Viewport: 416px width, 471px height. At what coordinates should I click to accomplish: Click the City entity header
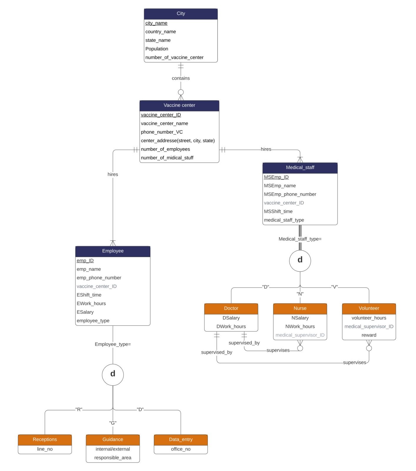[x=181, y=14]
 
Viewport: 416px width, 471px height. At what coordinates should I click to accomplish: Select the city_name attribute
[x=156, y=23]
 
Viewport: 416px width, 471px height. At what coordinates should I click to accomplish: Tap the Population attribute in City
[x=157, y=49]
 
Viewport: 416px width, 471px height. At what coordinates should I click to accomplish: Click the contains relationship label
[x=181, y=78]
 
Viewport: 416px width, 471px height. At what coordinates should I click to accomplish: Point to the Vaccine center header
[x=179, y=105]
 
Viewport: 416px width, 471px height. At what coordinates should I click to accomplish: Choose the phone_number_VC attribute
[x=162, y=132]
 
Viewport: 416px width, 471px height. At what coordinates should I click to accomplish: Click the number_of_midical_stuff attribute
[x=167, y=158]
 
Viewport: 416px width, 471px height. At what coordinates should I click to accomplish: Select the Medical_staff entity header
[x=300, y=168]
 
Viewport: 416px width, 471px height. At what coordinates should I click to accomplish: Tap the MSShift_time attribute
[x=278, y=211]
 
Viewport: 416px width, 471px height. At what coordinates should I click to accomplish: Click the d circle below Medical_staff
[x=300, y=261]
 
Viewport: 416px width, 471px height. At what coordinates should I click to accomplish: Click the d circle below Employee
[x=113, y=374]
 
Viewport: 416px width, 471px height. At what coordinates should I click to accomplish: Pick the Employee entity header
[x=113, y=251]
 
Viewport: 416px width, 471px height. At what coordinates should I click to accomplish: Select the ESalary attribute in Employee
[x=85, y=312]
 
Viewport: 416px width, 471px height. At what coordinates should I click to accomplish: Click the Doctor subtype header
[x=231, y=308]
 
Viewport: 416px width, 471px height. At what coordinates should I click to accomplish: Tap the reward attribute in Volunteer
[x=369, y=335]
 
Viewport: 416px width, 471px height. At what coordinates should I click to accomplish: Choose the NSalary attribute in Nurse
[x=300, y=318]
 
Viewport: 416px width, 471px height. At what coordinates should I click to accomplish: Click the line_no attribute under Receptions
[x=45, y=449]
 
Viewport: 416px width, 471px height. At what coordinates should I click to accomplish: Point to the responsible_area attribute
[x=113, y=458]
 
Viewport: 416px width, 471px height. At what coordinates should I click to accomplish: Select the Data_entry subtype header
[x=181, y=439]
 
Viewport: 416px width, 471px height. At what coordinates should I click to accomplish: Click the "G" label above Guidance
[x=113, y=423]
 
